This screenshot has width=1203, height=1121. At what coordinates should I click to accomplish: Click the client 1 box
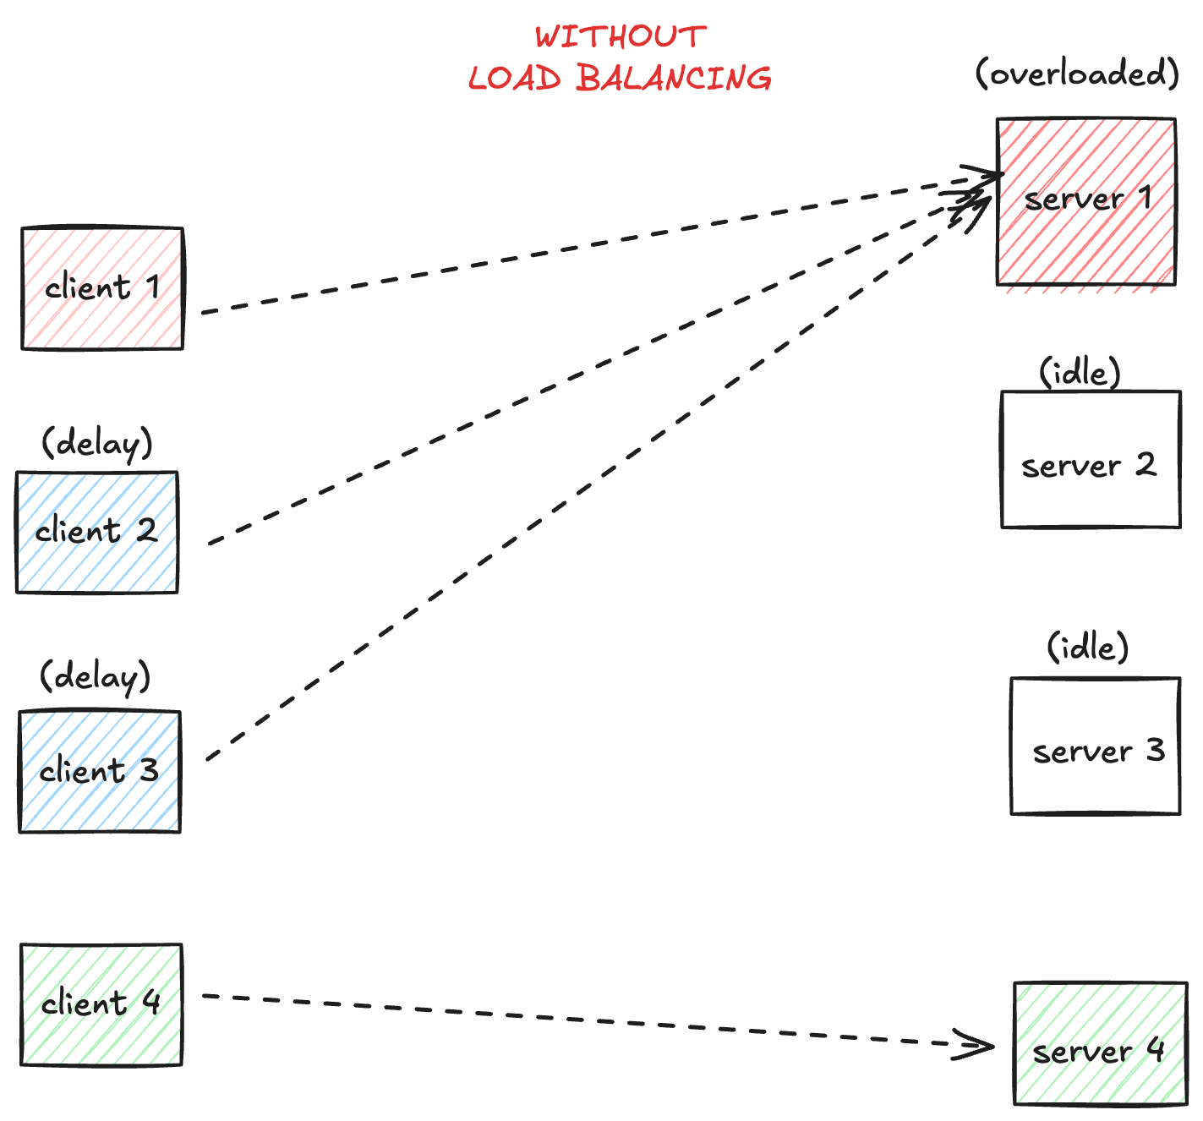click(x=101, y=288)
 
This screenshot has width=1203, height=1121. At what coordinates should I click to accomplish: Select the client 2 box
click(x=96, y=533)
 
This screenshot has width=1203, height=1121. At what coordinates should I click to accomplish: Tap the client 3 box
click(x=99, y=772)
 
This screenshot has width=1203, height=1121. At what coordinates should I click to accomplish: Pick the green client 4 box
click(x=101, y=1004)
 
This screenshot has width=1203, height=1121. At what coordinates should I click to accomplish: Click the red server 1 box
click(x=1085, y=201)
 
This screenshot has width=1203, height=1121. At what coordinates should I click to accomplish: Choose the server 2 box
click(x=1091, y=460)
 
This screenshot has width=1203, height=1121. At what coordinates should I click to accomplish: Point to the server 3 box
click(x=1095, y=746)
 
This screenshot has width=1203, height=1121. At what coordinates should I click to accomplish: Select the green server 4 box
click(x=1100, y=1043)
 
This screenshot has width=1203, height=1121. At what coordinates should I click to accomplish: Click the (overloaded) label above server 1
click(x=1077, y=74)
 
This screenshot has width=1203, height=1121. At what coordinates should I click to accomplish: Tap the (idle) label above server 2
click(x=1080, y=372)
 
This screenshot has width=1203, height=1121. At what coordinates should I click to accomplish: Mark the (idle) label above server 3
click(x=1087, y=648)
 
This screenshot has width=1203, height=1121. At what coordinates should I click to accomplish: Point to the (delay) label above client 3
click(x=96, y=677)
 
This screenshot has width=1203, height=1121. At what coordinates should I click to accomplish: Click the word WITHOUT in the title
click(x=621, y=36)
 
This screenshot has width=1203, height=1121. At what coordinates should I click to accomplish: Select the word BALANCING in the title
click(x=675, y=79)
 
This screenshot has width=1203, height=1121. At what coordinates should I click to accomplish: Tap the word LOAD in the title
click(x=515, y=79)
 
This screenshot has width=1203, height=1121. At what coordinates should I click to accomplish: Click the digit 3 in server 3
click(x=1155, y=750)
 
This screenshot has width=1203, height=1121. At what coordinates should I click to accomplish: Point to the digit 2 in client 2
click(x=146, y=531)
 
